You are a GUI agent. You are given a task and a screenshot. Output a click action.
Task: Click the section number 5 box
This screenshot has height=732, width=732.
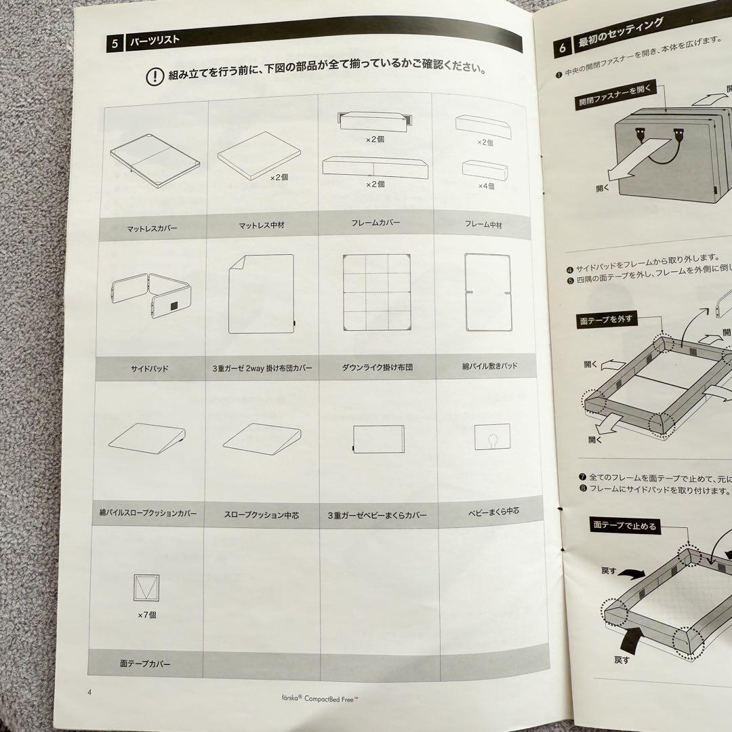[x=115, y=44]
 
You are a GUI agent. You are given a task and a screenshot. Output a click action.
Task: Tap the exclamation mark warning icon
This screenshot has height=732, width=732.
[x=155, y=76]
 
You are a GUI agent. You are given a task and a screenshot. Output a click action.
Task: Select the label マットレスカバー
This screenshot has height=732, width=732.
[x=152, y=228]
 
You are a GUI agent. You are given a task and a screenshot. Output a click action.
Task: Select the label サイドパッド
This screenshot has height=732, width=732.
[x=149, y=369]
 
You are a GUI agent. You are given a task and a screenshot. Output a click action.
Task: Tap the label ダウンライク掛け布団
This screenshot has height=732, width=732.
[x=378, y=368]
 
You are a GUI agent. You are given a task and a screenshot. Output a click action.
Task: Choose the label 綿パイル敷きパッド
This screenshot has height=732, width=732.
[x=489, y=366]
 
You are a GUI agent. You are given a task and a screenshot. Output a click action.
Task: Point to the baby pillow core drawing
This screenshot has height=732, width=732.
[x=492, y=437]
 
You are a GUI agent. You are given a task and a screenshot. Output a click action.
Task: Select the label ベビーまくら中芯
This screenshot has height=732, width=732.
[x=493, y=511]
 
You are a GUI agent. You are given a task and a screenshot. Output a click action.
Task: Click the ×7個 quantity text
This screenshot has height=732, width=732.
[x=146, y=615]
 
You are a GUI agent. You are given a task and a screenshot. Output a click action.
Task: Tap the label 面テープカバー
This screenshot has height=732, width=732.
[x=146, y=664]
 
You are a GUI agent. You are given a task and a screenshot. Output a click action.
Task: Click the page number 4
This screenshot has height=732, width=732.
[x=89, y=692]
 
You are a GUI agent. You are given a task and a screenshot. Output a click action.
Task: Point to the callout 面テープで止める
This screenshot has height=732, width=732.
[x=624, y=525]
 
